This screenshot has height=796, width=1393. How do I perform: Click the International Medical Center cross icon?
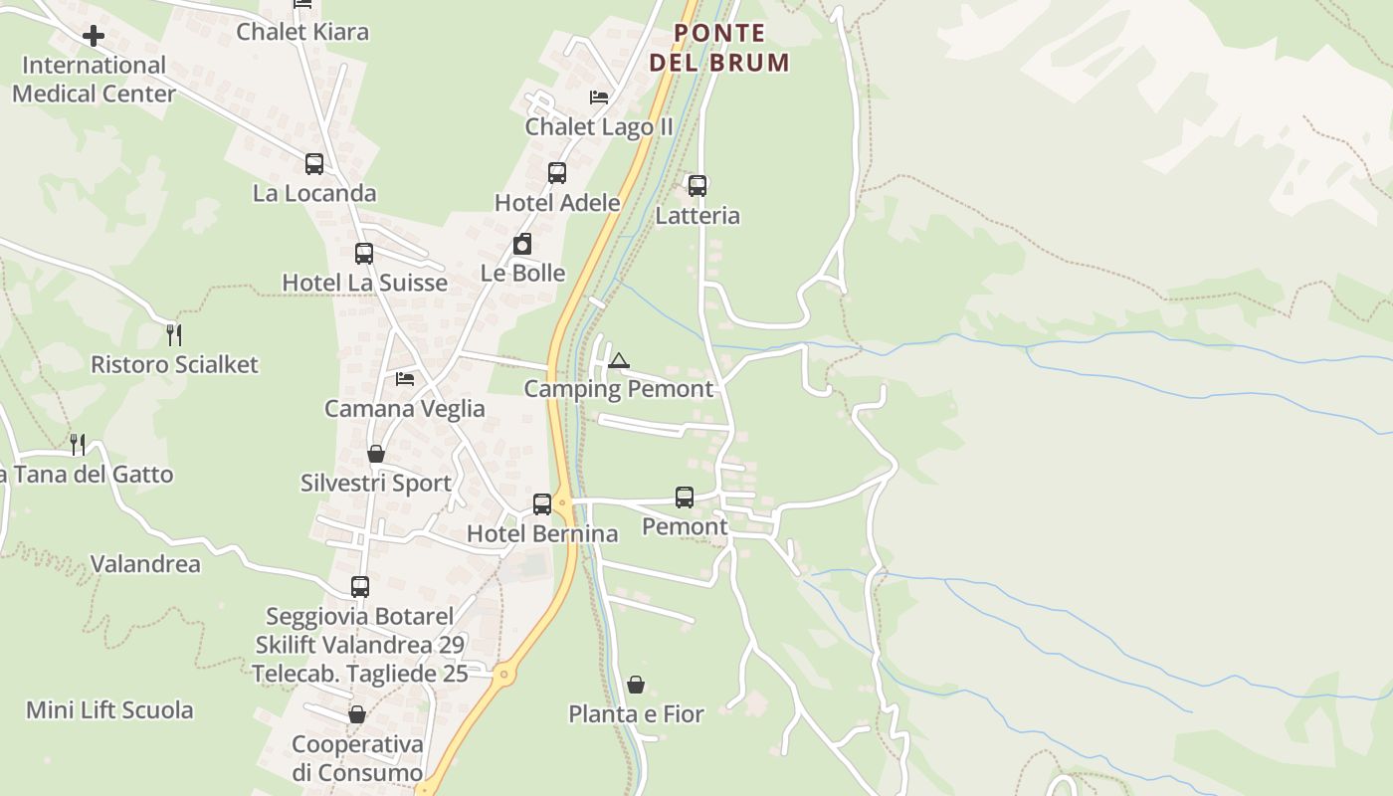(x=94, y=37)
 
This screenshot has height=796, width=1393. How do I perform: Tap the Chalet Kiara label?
(x=302, y=32)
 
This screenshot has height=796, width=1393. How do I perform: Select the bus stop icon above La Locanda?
(x=314, y=164)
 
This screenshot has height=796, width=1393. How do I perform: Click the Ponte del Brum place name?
(x=719, y=48)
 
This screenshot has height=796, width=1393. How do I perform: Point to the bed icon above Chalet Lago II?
(x=599, y=98)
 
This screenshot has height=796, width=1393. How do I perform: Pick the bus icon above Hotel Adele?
(x=557, y=173)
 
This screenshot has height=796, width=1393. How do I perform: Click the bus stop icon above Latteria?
(x=697, y=186)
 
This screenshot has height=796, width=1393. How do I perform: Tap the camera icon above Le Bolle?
(x=522, y=244)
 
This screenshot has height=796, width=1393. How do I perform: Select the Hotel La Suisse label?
(x=365, y=283)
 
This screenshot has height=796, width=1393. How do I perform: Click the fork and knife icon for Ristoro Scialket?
(x=174, y=334)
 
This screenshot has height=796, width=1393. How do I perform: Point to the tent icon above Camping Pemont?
(x=619, y=360)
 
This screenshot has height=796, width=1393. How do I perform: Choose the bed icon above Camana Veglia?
(x=405, y=379)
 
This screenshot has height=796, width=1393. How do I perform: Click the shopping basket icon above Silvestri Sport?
(x=376, y=454)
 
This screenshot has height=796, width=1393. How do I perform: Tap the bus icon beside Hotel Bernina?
(x=542, y=504)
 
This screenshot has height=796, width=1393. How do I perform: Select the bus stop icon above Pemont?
(x=685, y=497)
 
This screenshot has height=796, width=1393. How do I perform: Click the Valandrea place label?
(x=145, y=564)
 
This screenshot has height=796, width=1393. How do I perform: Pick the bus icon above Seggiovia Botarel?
(x=360, y=587)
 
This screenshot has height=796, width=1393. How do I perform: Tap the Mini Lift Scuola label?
(x=109, y=710)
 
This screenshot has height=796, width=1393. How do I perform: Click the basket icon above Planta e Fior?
(x=636, y=685)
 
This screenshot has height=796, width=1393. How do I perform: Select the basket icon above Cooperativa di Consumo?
(x=357, y=714)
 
